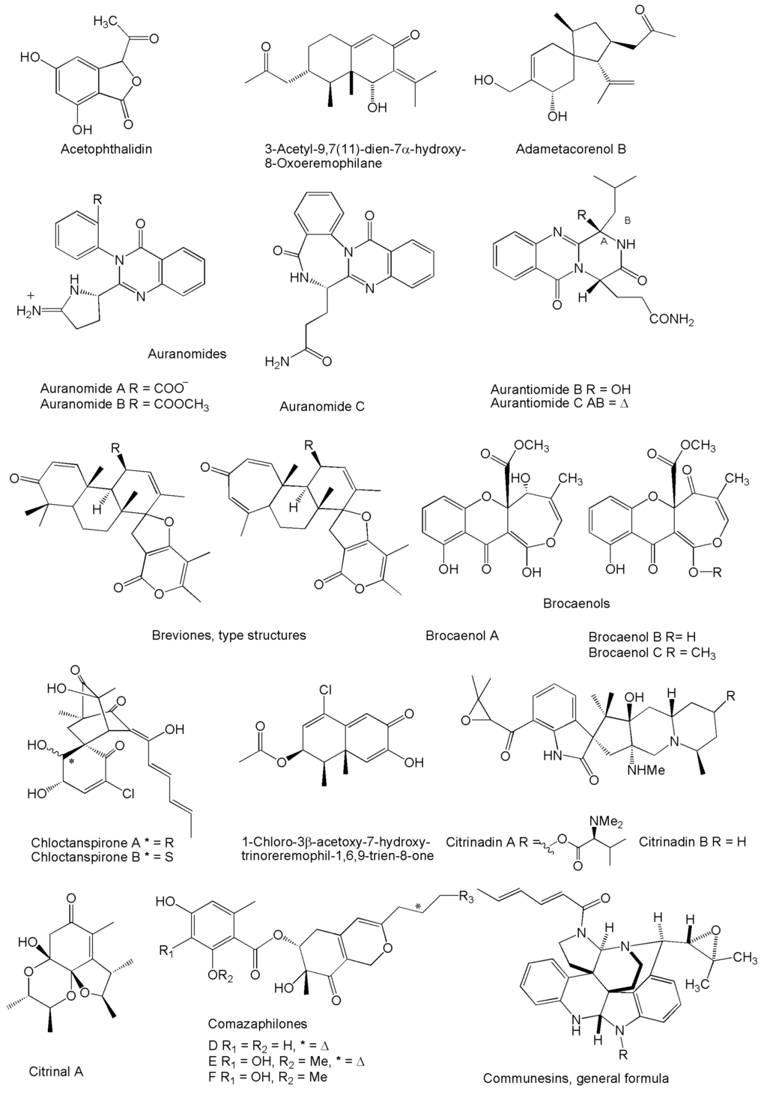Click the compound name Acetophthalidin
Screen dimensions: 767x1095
click(106, 149)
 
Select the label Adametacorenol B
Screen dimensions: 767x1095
click(571, 149)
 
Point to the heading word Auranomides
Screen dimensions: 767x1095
click(188, 354)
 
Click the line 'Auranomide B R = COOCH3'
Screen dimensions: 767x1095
click(124, 405)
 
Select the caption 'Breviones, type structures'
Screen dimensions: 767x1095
click(228, 635)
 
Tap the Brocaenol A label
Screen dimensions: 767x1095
click(462, 636)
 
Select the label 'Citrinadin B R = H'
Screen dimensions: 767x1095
click(693, 841)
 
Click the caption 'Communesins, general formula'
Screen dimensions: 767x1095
click(575, 1079)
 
